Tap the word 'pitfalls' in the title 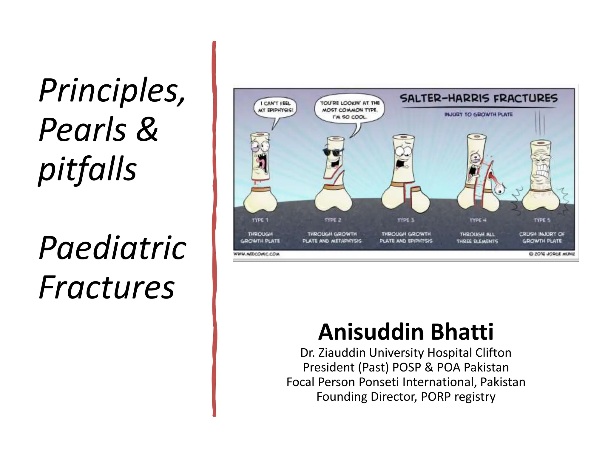pos(88,169)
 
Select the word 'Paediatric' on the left pos(113,248)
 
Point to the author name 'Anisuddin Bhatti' pos(406,332)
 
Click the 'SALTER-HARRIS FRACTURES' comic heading pos(478,98)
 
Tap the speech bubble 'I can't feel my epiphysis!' pos(275,107)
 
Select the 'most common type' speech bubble pos(350,110)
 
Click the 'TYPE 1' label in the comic pos(260,220)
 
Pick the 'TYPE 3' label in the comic pos(406,220)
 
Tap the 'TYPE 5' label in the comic pos(542,220)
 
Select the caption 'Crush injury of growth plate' pos(542,237)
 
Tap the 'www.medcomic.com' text pos(257,254)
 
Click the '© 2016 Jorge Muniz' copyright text pos(552,254)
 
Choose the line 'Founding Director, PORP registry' pos(406,397)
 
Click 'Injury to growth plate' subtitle pos(478,114)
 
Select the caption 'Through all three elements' pos(477,238)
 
